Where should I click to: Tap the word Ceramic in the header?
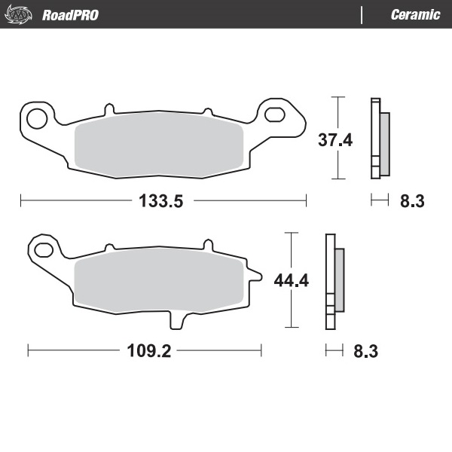point(415,15)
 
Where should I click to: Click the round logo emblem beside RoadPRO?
point(20,14)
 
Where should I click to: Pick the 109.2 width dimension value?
point(143,350)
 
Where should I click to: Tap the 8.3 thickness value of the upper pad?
point(412,200)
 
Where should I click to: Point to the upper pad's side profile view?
point(379,139)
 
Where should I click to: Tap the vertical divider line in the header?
point(362,15)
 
